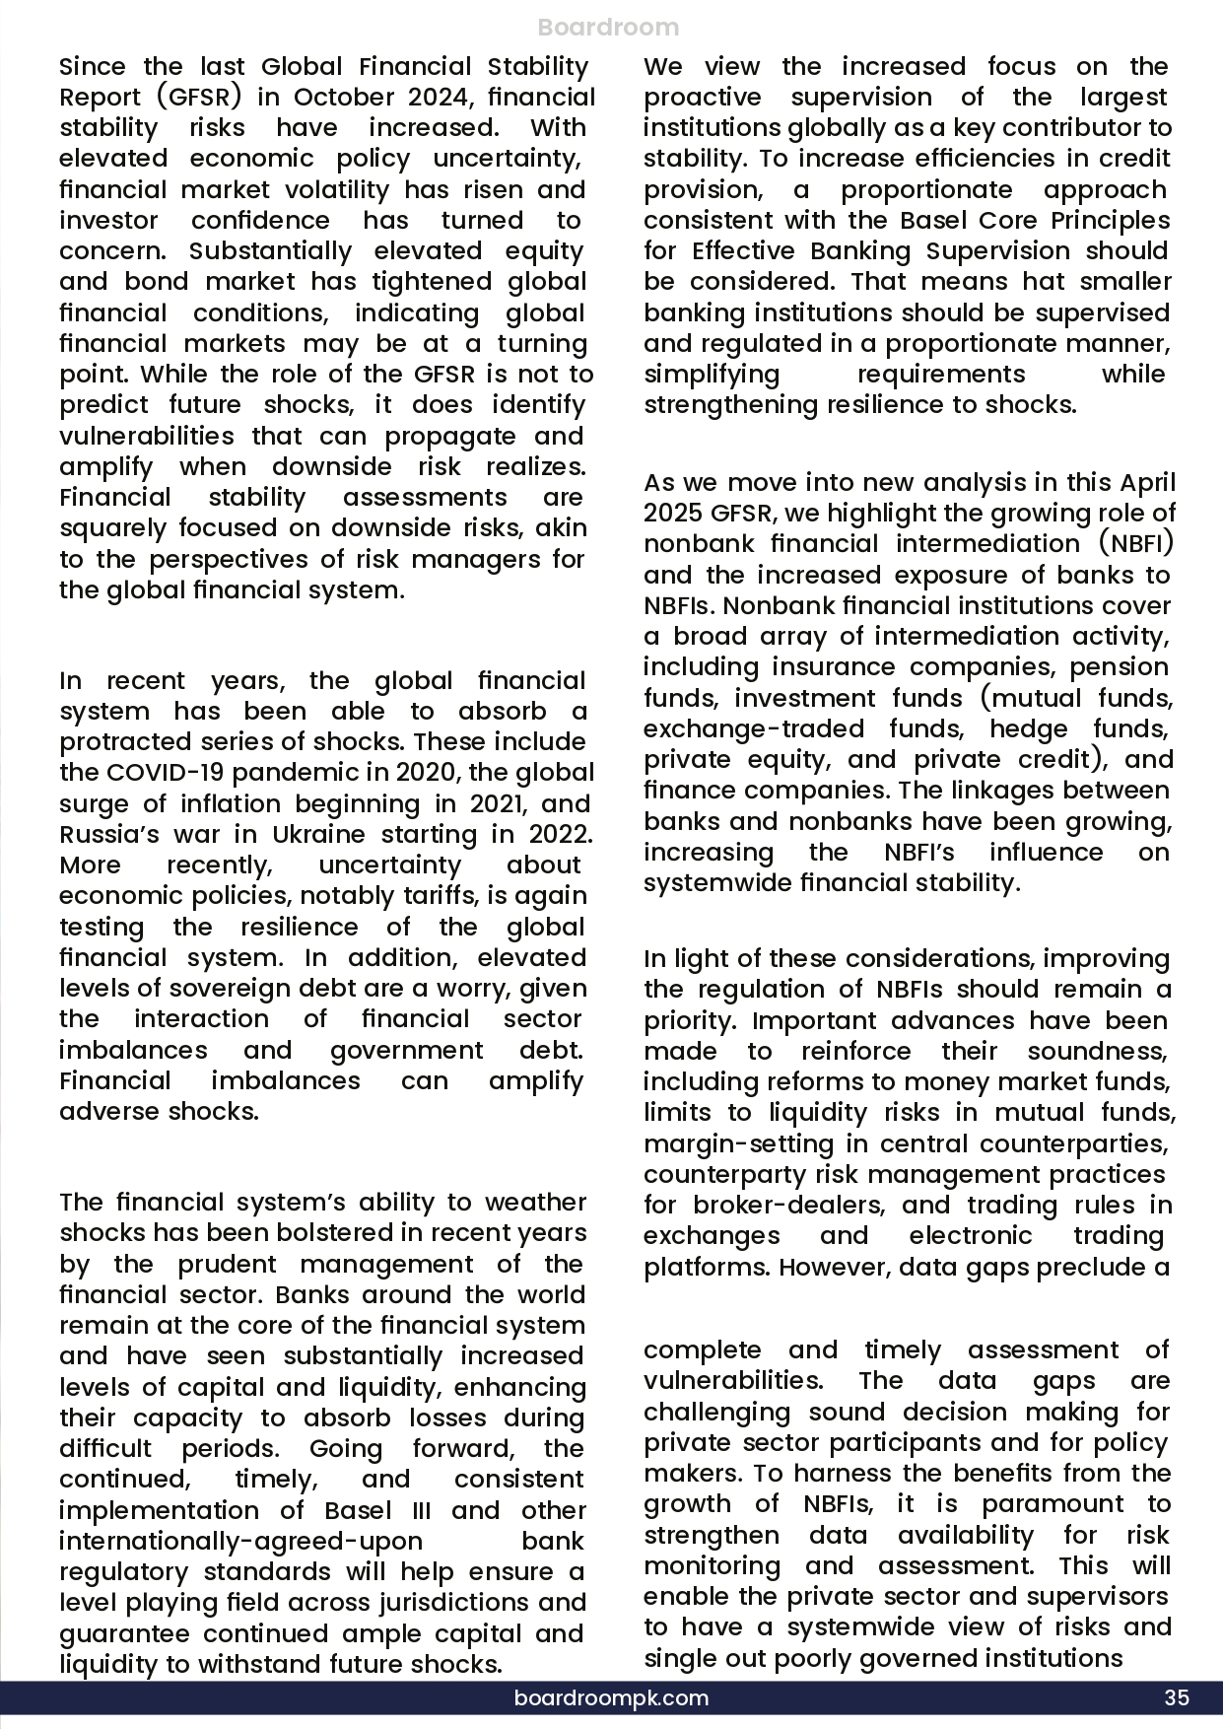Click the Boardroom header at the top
coord(609,28)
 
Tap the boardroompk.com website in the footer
coord(611,1697)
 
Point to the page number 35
coord(1177,1697)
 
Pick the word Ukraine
coord(317,834)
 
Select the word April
coord(1147,483)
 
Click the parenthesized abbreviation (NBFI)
coord(1132,544)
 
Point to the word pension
coord(1120,667)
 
